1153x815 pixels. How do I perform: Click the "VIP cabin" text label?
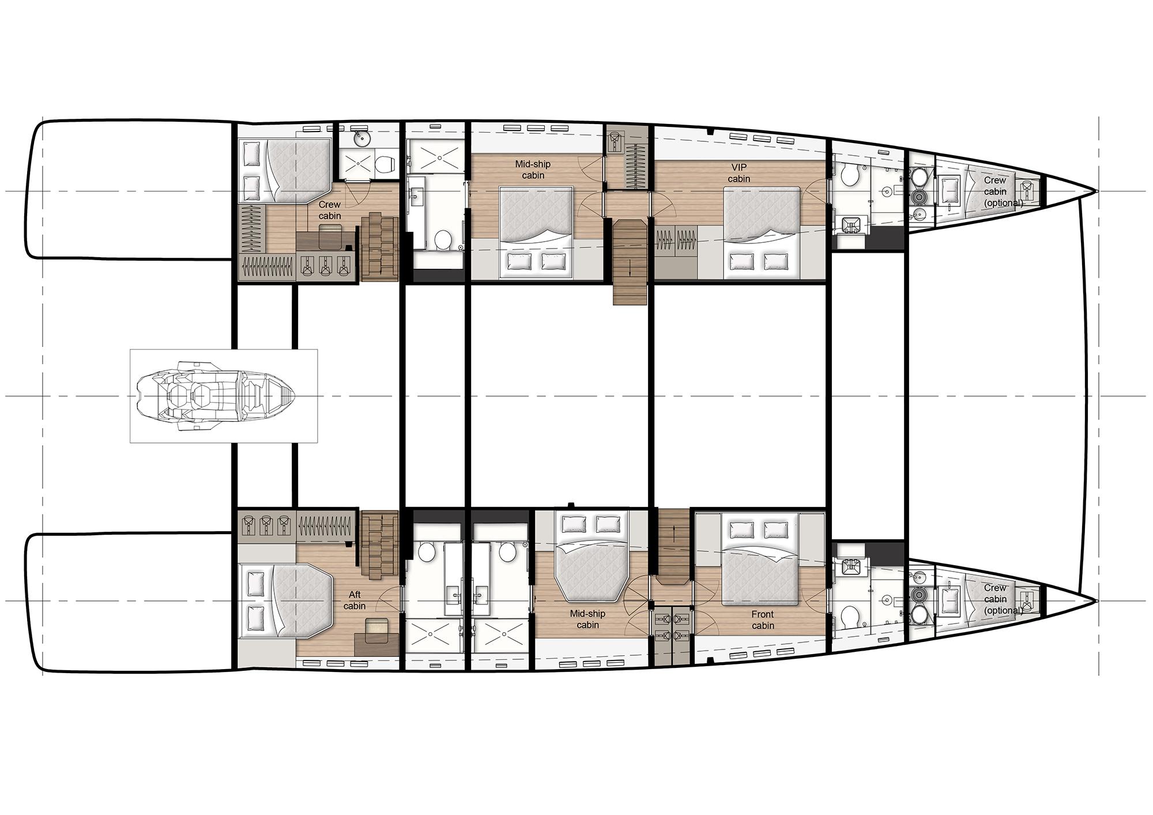pos(738,173)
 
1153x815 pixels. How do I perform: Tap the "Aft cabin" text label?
pos(355,600)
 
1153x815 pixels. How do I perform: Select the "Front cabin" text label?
pos(763,619)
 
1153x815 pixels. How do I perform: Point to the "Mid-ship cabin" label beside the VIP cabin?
pos(533,170)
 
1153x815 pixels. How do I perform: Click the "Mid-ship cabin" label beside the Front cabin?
pos(587,619)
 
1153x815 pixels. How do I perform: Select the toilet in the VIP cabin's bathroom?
pos(849,176)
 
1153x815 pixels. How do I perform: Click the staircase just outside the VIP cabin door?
pos(630,262)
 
